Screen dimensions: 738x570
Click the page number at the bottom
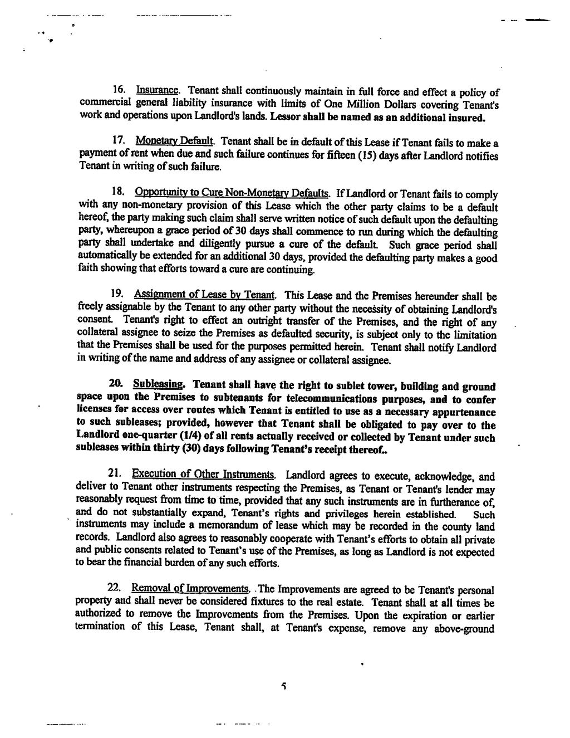pyautogui.click(x=283, y=687)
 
